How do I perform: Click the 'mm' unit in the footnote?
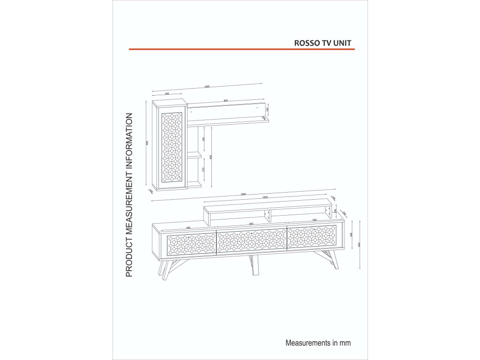point(345,343)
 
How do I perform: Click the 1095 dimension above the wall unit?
point(207,87)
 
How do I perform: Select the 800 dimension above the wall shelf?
point(225,100)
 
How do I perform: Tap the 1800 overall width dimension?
point(243,194)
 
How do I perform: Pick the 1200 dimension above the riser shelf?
point(265,197)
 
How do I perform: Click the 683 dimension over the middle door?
point(251,224)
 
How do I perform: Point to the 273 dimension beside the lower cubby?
point(203,170)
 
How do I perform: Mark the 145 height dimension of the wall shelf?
point(267,110)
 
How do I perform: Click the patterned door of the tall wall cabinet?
point(171,147)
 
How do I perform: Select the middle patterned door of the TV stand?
point(251,240)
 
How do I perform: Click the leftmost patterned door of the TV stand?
point(188,243)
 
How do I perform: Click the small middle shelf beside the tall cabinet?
point(195,154)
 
